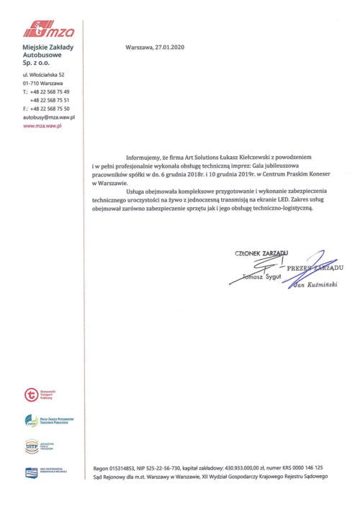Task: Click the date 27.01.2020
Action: [x=170, y=47]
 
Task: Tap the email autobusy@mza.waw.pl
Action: [x=49, y=116]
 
